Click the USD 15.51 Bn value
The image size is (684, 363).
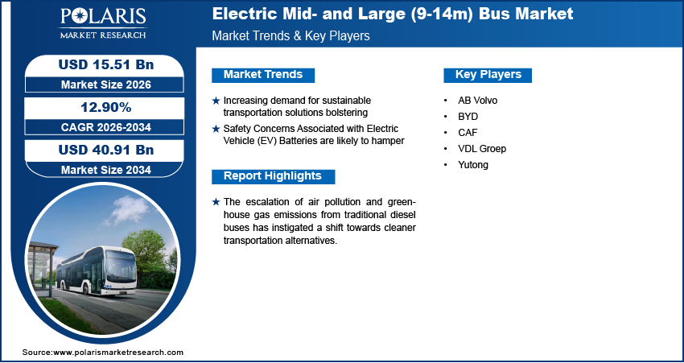point(100,64)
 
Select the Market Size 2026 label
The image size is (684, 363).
point(100,84)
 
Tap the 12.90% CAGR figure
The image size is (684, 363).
point(100,107)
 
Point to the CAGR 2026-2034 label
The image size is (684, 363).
point(100,127)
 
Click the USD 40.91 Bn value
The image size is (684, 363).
point(100,150)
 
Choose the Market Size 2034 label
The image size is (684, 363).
point(100,169)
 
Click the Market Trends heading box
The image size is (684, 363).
point(262,75)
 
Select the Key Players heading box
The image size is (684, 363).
point(488,75)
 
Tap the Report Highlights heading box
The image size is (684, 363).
point(272,176)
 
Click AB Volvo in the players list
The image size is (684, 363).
point(478,101)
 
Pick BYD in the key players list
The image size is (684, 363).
point(467,117)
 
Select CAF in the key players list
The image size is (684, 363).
point(467,133)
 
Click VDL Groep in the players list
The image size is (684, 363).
point(481,149)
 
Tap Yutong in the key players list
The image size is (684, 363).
point(472,165)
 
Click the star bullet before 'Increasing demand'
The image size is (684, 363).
point(216,101)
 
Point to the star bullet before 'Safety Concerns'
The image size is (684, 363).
point(216,129)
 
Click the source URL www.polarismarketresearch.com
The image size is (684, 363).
point(118,353)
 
